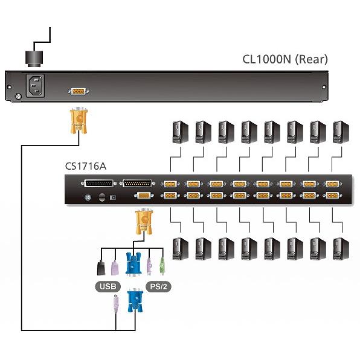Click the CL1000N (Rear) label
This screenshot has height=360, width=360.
point(285,59)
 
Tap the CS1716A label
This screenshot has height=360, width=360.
point(86,166)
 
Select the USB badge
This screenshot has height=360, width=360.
point(108,286)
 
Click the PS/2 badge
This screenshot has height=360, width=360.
point(158,286)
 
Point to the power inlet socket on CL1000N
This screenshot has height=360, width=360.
point(35,85)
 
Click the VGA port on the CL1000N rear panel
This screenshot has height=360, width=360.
point(79,91)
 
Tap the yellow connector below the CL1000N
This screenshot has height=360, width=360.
point(79,120)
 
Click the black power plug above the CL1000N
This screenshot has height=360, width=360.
point(34,59)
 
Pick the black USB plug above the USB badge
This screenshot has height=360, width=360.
point(101,268)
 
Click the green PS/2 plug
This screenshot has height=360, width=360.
point(162,266)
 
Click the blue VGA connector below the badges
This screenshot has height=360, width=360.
point(135,300)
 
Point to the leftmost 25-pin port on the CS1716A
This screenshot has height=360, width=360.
point(99,184)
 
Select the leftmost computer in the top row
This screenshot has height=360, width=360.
point(180,132)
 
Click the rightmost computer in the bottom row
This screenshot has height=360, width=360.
point(341,249)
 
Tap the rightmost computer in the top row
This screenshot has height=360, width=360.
point(341,132)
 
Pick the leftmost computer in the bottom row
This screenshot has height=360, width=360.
point(180,249)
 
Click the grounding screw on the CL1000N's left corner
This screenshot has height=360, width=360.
point(19,97)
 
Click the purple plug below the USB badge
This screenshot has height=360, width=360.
point(116,304)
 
